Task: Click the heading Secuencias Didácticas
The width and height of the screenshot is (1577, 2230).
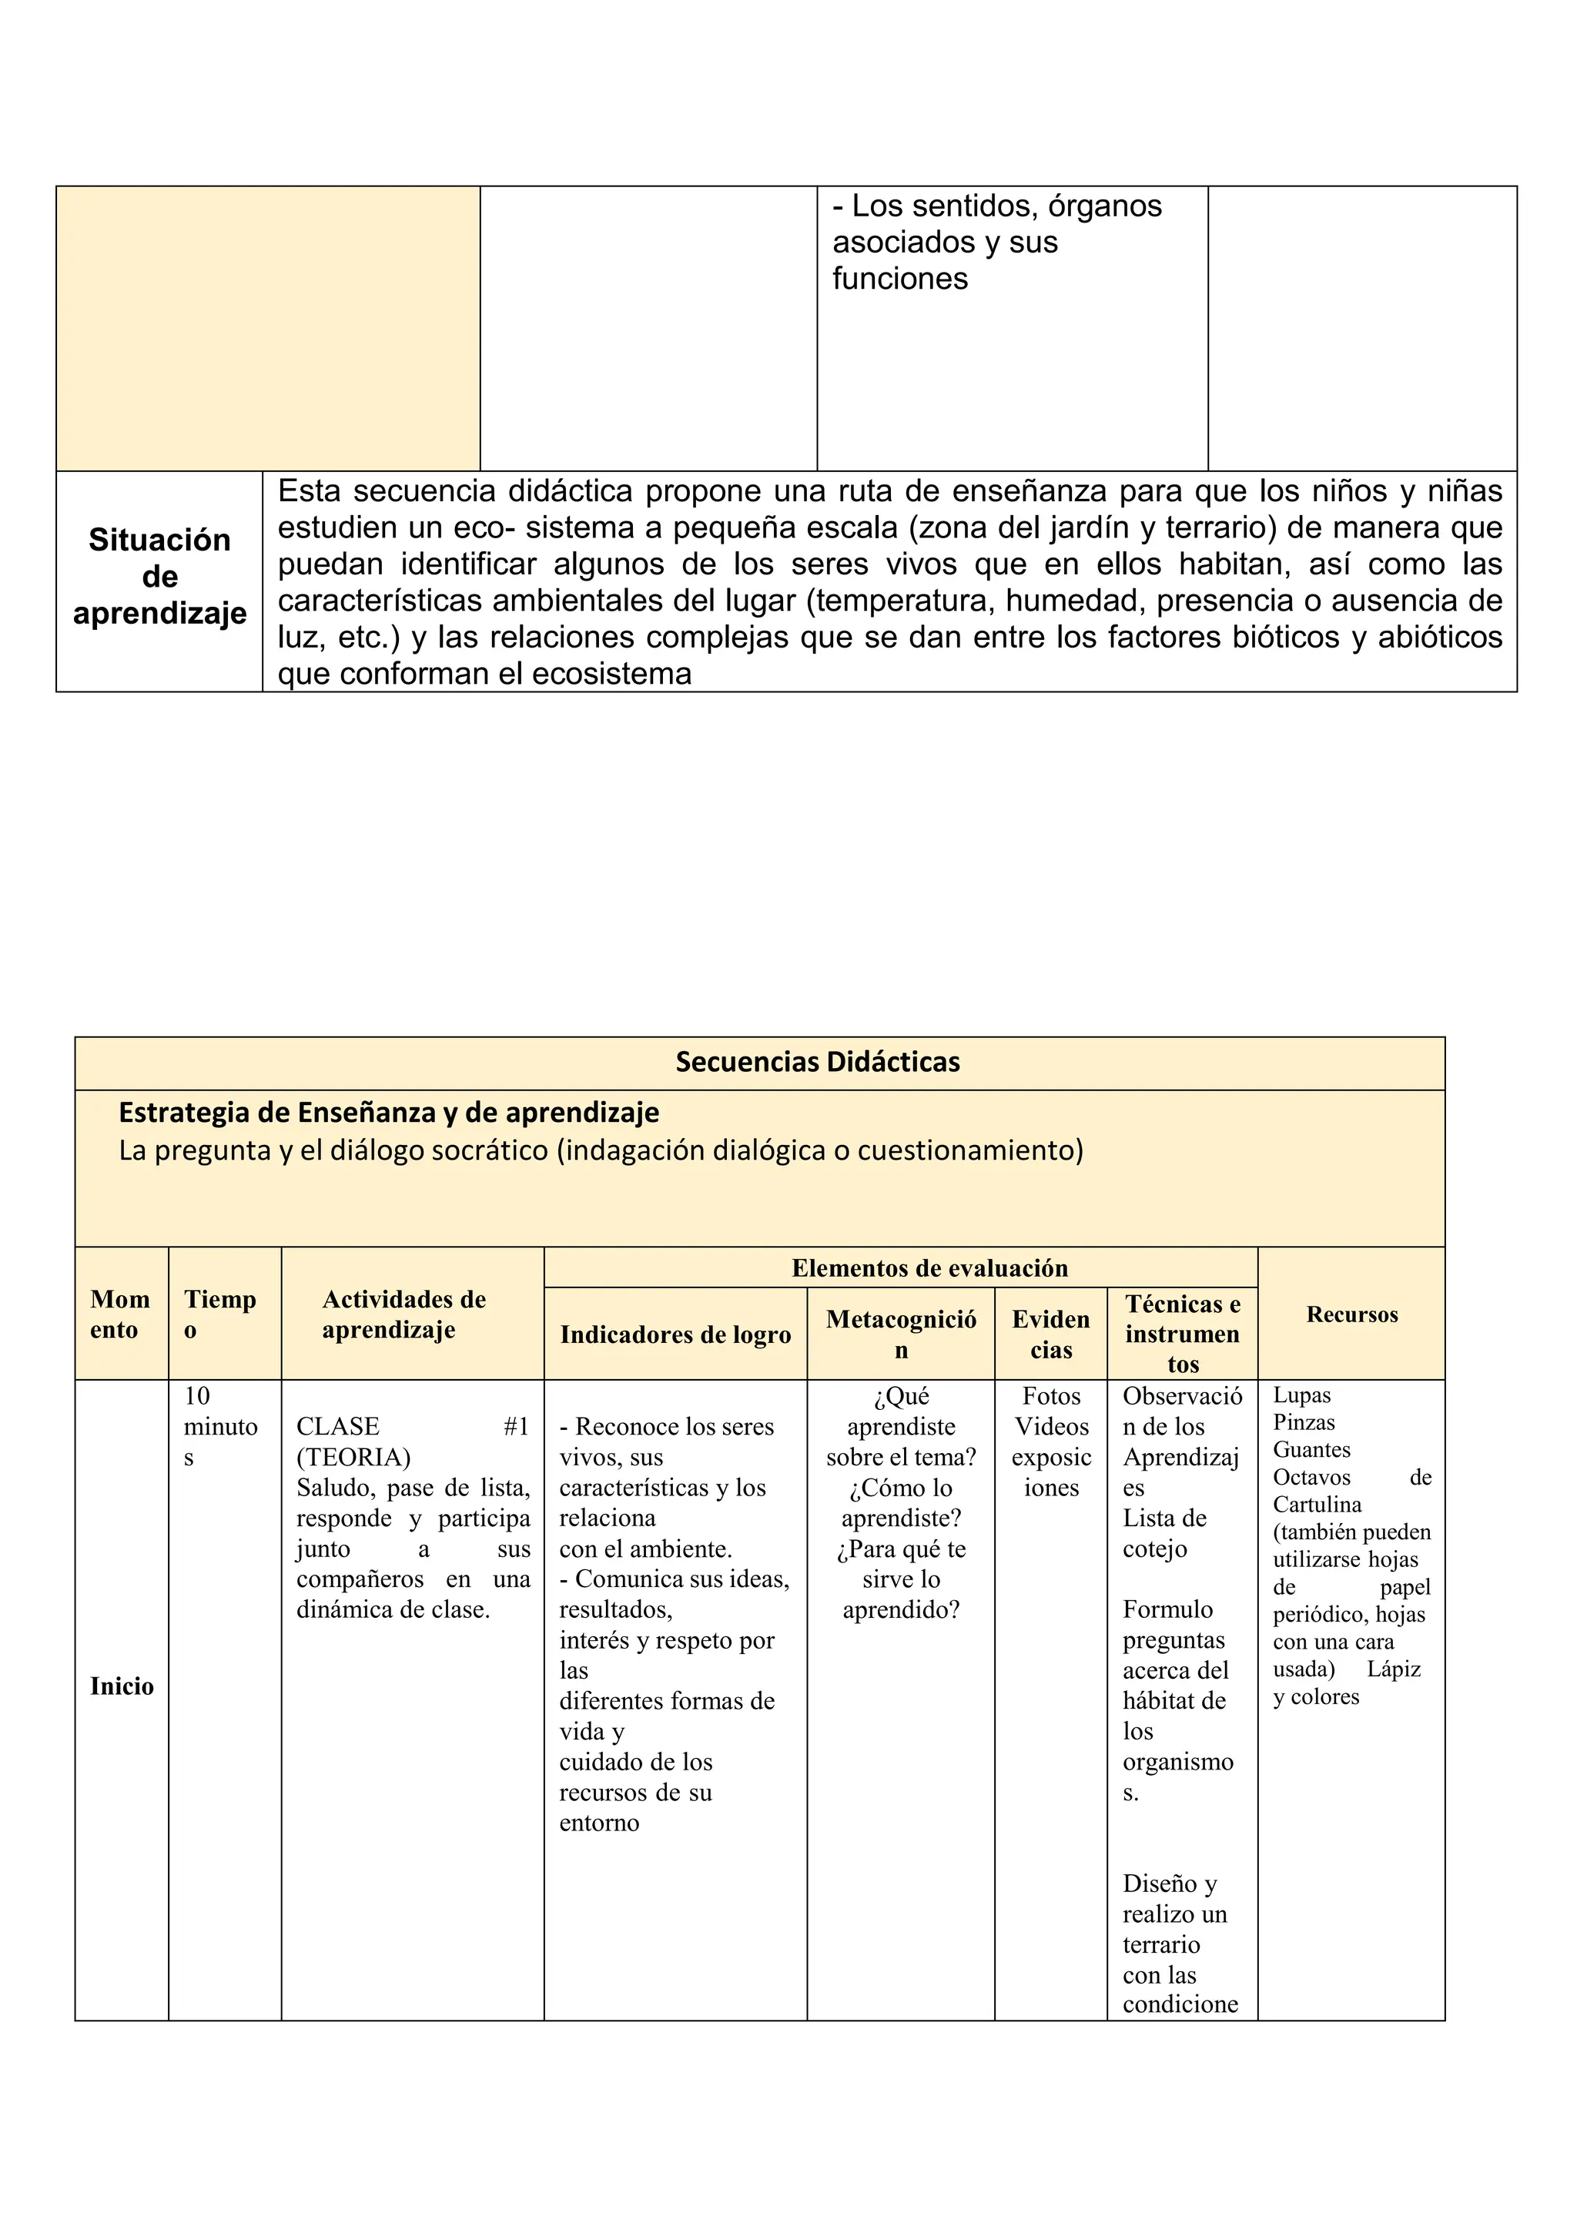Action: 817,1062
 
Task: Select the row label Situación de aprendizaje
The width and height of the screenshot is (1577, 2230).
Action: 159,577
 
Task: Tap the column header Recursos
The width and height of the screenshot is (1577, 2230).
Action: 1351,1314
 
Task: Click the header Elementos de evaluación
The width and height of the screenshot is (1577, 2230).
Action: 929,1267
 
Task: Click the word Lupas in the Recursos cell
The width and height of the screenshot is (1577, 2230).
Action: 1301,1395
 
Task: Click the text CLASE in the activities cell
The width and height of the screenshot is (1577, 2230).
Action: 337,1426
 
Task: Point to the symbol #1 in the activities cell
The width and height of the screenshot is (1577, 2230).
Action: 516,1426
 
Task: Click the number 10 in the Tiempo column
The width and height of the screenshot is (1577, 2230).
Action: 197,1396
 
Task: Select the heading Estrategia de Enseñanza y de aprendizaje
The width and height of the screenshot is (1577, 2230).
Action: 388,1112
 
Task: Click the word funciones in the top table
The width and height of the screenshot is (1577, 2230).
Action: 899,279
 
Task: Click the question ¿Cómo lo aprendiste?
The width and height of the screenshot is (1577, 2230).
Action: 900,1502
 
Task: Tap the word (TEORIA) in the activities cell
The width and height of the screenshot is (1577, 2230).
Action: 353,1457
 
